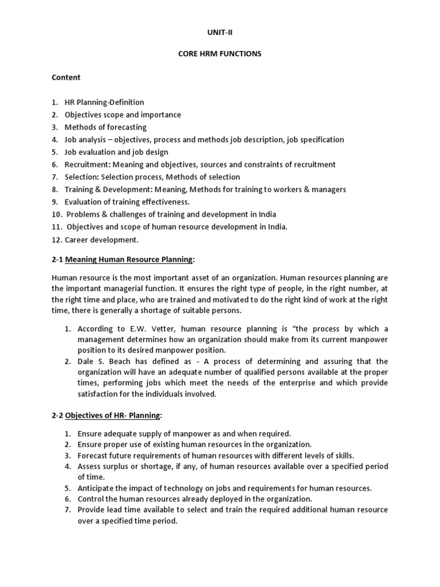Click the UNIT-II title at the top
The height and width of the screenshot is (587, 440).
coord(220,32)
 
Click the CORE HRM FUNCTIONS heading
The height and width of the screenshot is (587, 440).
coord(220,54)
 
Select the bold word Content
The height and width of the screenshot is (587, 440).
coord(66,77)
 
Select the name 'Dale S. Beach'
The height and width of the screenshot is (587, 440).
coord(101,362)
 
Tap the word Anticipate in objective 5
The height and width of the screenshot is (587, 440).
coord(97,488)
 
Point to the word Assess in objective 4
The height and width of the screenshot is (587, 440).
coord(89,467)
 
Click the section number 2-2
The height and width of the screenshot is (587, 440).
coord(57,414)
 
